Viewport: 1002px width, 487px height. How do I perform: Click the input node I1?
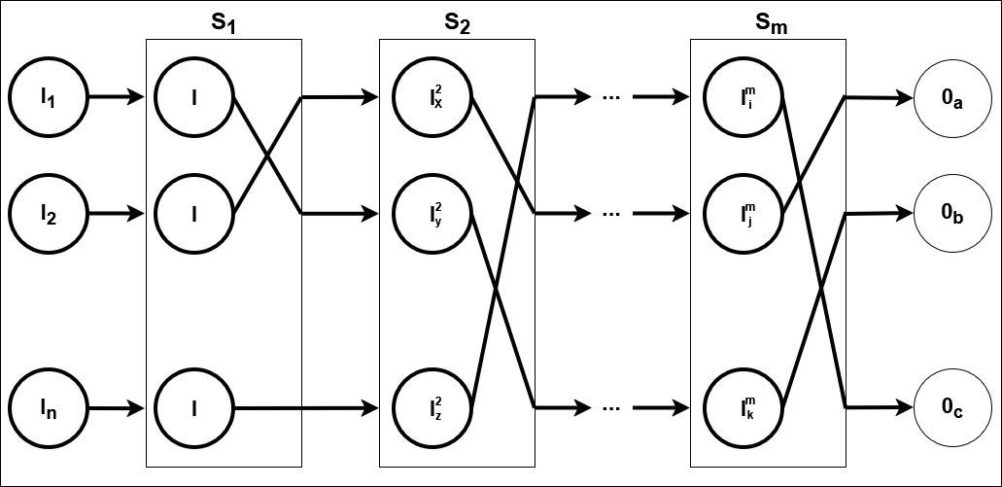pyautogui.click(x=48, y=96)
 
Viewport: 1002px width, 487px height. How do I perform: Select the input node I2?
pyautogui.click(x=48, y=212)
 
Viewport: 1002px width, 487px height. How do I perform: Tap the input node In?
pyautogui.click(x=48, y=406)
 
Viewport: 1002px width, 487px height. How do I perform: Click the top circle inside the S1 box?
pyautogui.click(x=195, y=96)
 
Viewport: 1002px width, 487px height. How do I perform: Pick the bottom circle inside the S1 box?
pyautogui.click(x=195, y=406)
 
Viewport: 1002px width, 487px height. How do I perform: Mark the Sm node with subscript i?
pyautogui.click(x=745, y=96)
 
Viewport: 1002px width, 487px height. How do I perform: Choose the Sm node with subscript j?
pyautogui.click(x=745, y=212)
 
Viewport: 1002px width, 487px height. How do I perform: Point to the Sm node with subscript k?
pyautogui.click(x=745, y=406)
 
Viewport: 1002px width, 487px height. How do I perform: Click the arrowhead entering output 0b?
pyautogui.click(x=905, y=212)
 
